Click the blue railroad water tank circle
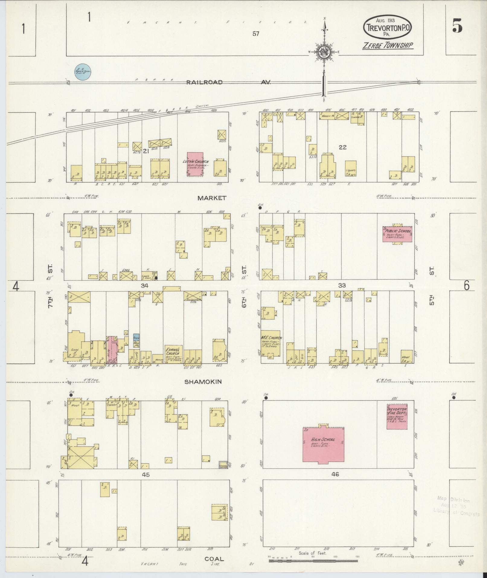pyautogui.click(x=83, y=72)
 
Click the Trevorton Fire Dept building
pyautogui.click(x=397, y=416)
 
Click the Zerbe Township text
pyautogui.click(x=388, y=45)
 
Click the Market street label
pyautogui.click(x=212, y=198)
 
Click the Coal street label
pyautogui.click(x=214, y=559)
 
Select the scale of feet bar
pyautogui.click(x=313, y=561)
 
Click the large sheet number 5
pyautogui.click(x=457, y=27)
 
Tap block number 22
pyautogui.click(x=342, y=147)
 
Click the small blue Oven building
pyautogui.click(x=136, y=337)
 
